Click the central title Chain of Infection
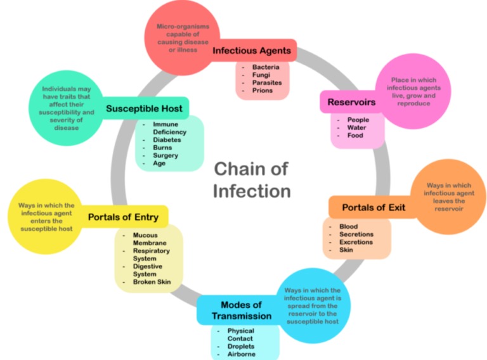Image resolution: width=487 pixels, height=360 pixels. coord(252,179)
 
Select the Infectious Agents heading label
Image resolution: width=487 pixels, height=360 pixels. coord(252,50)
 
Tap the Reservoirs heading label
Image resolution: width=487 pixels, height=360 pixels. coord(351,102)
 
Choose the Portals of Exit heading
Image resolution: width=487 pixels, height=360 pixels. coord(373,207)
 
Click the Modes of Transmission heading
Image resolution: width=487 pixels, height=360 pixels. coord(242,311)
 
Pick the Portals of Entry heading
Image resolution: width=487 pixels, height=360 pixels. coord(123,217)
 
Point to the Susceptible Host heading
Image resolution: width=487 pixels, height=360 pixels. coord(144,108)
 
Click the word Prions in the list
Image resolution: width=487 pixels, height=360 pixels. coord(263,91)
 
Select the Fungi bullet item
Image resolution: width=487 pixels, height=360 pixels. coord(262,75)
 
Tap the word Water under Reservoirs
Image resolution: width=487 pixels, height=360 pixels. coord(358,127)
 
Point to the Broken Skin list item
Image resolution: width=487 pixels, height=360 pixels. coord(152,282)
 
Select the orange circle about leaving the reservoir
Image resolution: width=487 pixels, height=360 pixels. coord(448,196)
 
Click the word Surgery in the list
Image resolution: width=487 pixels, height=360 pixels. coord(166,155)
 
